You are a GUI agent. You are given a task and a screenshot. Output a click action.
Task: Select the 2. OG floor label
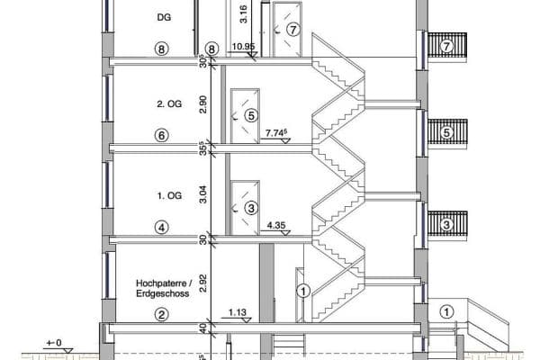(x=162, y=103)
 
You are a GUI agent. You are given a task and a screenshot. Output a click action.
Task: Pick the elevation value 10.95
(x=243, y=45)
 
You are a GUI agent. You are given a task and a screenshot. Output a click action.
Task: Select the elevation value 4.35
(x=276, y=225)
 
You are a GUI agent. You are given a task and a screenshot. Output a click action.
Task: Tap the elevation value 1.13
(x=237, y=313)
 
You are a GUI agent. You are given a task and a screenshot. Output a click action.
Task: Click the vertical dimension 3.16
(x=244, y=13)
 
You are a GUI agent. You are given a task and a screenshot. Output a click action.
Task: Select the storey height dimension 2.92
(x=203, y=283)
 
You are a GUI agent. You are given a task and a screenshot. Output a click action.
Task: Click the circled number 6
(x=162, y=135)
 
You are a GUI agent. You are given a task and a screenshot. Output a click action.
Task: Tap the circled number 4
(x=162, y=228)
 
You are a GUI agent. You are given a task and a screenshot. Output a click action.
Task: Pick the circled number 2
(x=162, y=314)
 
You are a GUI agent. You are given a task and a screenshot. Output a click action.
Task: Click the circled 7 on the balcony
(x=446, y=45)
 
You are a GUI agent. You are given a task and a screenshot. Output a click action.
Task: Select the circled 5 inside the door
(x=251, y=115)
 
